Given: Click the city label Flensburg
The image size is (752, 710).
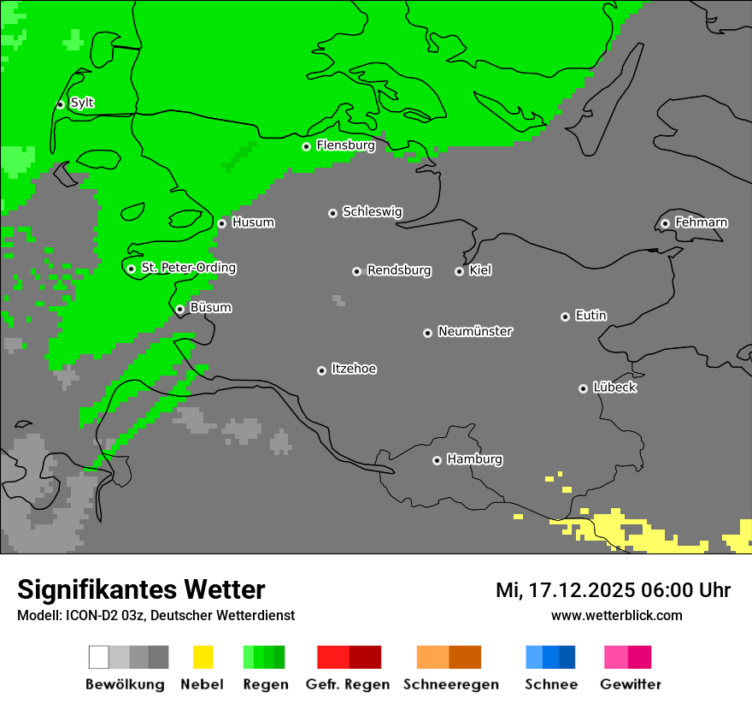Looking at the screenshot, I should pyautogui.click(x=345, y=145).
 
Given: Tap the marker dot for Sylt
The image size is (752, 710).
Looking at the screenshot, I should pyautogui.click(x=60, y=104).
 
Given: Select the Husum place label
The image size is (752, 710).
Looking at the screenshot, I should pyautogui.click(x=253, y=222).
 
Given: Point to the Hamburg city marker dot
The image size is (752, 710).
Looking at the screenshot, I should pyautogui.click(x=437, y=460).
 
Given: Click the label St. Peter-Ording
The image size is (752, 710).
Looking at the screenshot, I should pyautogui.click(x=188, y=268).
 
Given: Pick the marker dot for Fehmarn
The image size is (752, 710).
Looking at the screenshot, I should pyautogui.click(x=665, y=223).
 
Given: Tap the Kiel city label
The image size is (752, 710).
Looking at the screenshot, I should pyautogui.click(x=480, y=270).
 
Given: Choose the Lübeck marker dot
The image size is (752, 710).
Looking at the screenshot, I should pyautogui.click(x=583, y=388).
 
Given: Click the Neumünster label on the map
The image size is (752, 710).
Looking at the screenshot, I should pyautogui.click(x=475, y=331).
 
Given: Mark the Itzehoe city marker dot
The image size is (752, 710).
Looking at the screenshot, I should pyautogui.click(x=321, y=370).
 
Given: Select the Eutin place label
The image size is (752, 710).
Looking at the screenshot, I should pyautogui.click(x=590, y=316).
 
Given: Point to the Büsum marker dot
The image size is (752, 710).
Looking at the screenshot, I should pyautogui.click(x=179, y=309).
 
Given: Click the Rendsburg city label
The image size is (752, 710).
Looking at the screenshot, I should pyautogui.click(x=399, y=270).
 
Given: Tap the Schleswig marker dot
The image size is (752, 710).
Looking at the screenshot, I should pyautogui.click(x=332, y=213).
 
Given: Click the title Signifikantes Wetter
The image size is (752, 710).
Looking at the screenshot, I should pyautogui.click(x=141, y=589).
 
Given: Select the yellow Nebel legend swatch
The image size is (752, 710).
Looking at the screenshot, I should pyautogui.click(x=203, y=657).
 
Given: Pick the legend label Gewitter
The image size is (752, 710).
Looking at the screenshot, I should pyautogui.click(x=631, y=684).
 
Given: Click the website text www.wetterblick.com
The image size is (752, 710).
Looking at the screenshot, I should pyautogui.click(x=616, y=615).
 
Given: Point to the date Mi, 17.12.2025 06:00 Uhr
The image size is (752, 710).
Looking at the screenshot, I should pyautogui.click(x=613, y=590).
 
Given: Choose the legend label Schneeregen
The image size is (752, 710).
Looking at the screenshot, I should pyautogui.click(x=451, y=684).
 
